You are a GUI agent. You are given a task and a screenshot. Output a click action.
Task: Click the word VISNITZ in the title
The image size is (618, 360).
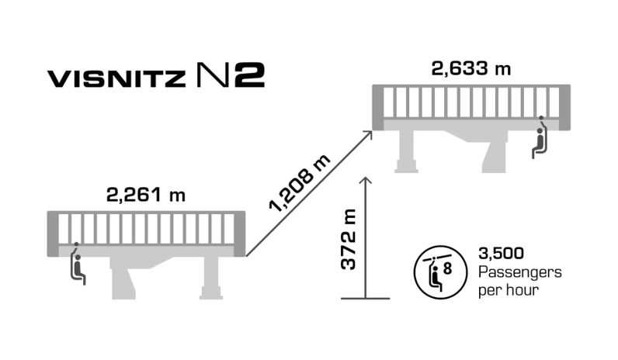(116, 78)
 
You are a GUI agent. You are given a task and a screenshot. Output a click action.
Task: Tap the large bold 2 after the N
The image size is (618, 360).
(250, 74)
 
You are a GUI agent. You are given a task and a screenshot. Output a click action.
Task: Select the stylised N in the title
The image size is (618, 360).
(213, 74)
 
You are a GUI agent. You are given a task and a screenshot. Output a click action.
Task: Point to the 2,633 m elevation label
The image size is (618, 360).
(471, 68)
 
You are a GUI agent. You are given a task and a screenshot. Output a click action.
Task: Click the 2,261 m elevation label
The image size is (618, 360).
(146, 195)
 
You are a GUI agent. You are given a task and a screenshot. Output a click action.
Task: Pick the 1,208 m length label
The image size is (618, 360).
(300, 184)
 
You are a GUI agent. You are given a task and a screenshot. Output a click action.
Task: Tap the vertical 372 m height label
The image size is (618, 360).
(349, 239)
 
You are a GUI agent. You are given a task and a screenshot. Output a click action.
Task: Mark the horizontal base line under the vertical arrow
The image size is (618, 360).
(366, 299)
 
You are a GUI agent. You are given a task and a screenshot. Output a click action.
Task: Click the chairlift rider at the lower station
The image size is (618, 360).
(78, 264)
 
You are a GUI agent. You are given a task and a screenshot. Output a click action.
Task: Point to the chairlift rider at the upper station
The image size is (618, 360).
(540, 137)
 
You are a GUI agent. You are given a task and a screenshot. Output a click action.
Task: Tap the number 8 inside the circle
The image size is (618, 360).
(447, 268)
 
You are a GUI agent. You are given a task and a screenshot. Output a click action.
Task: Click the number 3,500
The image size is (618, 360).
(501, 253)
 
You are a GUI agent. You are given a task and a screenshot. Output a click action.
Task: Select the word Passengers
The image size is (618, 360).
(520, 272)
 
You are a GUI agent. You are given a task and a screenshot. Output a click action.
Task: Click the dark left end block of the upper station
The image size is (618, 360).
(378, 107)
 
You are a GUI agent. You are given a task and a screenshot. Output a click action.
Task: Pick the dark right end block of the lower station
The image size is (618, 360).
(240, 234)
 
